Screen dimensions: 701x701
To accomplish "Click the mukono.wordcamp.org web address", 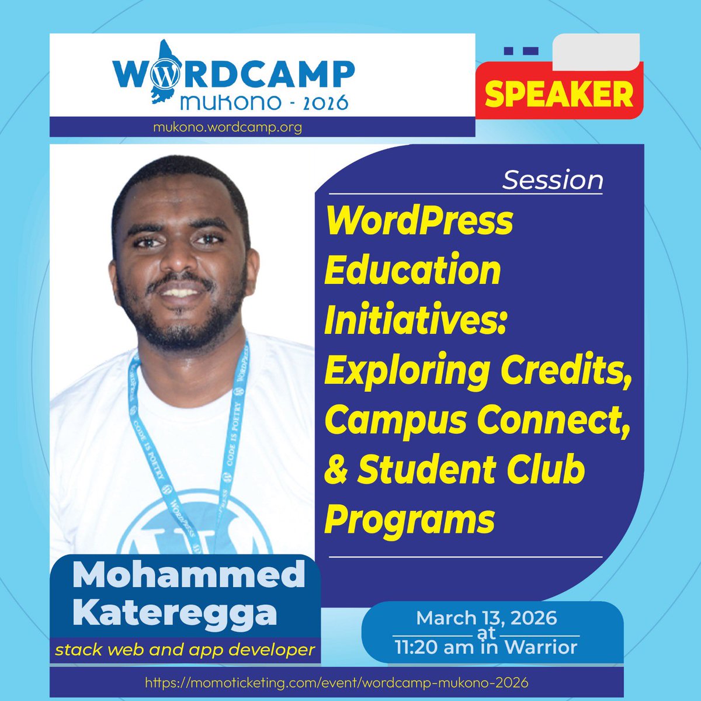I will coord(227,127).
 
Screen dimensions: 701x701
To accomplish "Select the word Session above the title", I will coord(552,181).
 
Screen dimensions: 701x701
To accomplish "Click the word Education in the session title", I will coord(413,270).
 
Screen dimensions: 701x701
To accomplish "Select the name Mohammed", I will coord(189,575).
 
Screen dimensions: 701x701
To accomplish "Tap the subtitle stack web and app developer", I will coord(185,649).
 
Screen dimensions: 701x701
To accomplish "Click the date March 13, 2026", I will coord(486,618).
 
